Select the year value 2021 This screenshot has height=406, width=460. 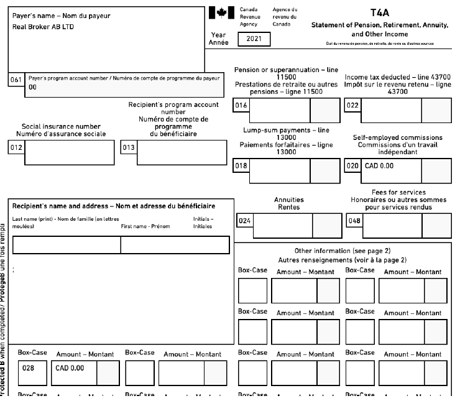tap(254, 39)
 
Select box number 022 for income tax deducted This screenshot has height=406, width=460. tap(351, 106)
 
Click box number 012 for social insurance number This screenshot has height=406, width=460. tap(16, 147)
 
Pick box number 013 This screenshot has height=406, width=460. tap(127, 147)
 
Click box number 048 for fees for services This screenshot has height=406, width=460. tap(353, 220)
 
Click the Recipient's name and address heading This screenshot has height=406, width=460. tap(114, 205)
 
